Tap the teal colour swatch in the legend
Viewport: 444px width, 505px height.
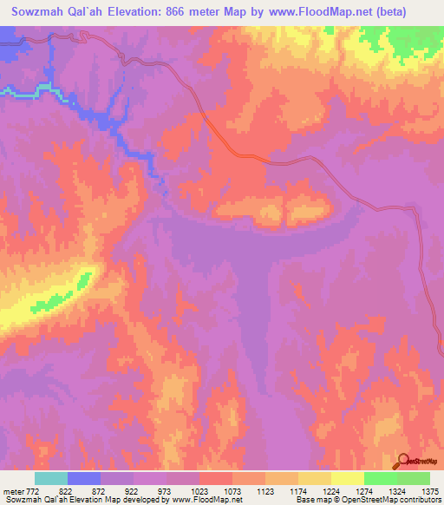pos(50,478)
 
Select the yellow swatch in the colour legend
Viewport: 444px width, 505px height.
pos(347,478)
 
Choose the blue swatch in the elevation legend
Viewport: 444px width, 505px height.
pos(83,478)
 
